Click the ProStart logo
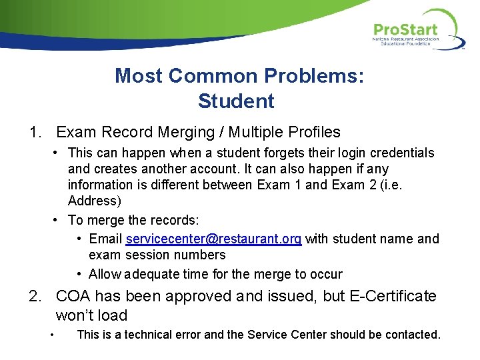[417, 31]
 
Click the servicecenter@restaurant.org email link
[213, 239]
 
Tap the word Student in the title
[236, 101]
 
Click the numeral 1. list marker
[37, 132]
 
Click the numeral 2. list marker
[37, 296]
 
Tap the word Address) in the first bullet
[93, 201]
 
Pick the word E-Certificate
[393, 296]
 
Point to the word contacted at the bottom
[413, 334]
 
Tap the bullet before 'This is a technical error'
[52, 335]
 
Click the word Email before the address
[105, 239]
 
